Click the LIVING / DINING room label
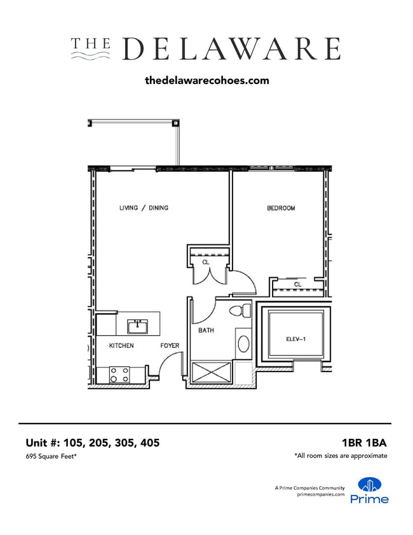pos(144,208)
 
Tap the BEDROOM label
pos(280,208)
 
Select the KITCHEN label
pos(121,345)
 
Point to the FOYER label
pos(170,345)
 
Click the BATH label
pos(205,330)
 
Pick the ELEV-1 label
pos(296,339)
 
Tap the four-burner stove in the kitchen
pos(119,374)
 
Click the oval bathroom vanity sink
pos(243,344)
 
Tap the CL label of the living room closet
pos(205,261)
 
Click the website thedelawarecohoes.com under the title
pos(207,81)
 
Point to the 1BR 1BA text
pos(363,443)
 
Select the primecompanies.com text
pos(320,494)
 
